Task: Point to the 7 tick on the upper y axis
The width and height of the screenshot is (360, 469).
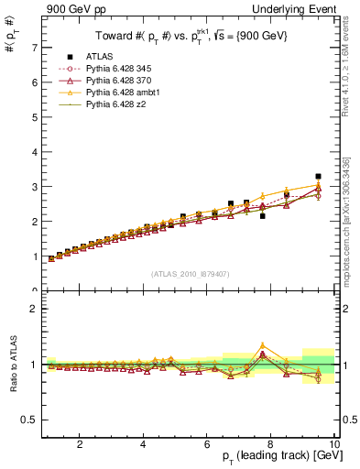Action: click(x=33, y=47)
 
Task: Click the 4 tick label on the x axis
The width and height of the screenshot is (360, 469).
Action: click(x=143, y=444)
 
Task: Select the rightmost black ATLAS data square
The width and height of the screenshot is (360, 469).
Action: click(x=318, y=176)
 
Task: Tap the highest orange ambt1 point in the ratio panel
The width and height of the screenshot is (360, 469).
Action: click(x=262, y=345)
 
